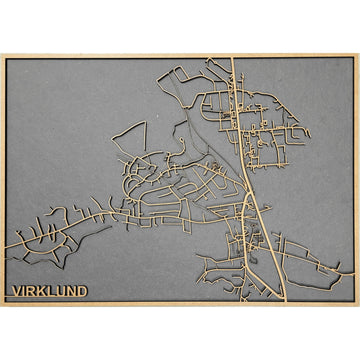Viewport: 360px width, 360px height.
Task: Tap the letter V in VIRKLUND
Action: tap(15, 292)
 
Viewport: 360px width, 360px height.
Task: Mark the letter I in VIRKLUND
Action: tap(22, 292)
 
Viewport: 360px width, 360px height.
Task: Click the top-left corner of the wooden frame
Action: tap(3, 55)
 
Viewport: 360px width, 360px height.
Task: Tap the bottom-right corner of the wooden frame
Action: tap(356, 304)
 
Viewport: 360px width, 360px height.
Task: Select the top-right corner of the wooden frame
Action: tap(356, 55)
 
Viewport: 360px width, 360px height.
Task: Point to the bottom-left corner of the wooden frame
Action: tap(3, 304)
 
